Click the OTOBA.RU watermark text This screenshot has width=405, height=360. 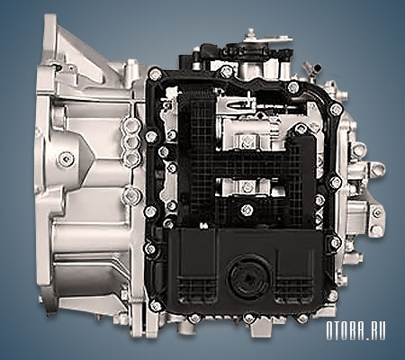coord(355,330)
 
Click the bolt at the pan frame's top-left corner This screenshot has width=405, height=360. coord(155,74)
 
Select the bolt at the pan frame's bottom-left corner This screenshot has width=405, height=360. coord(156,306)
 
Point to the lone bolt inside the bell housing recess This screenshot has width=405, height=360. coord(66,159)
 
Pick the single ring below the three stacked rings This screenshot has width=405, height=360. coord(132,196)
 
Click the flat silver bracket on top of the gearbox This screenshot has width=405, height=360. coord(266,38)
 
